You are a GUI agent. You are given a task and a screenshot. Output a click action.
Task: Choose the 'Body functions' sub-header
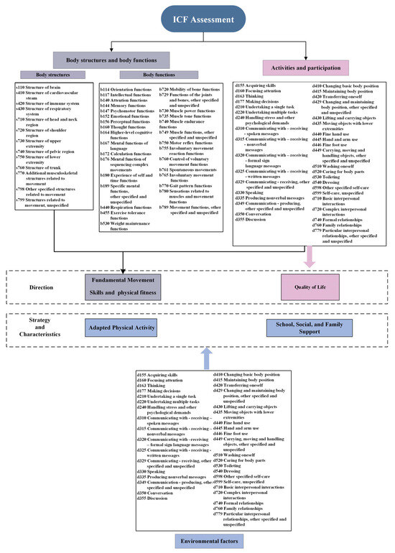tap(159, 75)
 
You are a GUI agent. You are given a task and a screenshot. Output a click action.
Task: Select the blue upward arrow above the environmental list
tap(206, 356)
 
